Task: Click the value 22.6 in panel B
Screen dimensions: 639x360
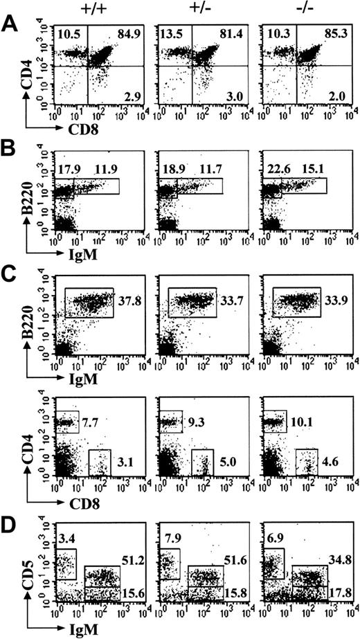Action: pyautogui.click(x=273, y=168)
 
